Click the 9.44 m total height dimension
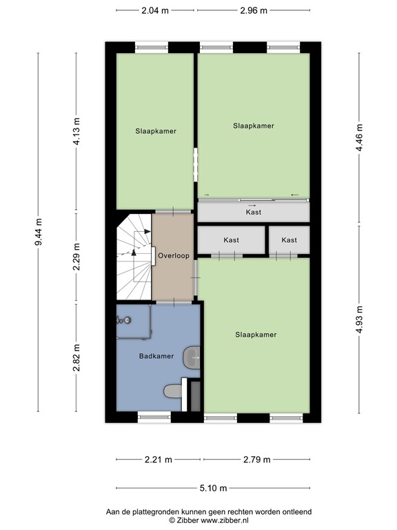pos(39,232)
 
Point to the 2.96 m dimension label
pos(252,10)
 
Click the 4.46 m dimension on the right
pos(358,140)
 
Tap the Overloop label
pos(172,255)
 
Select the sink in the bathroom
pos(192,357)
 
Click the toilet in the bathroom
pos(173,392)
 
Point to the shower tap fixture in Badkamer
pos(124,320)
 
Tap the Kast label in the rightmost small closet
pos(289,240)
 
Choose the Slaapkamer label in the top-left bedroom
pos(155,130)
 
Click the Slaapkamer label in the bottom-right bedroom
pos(256,335)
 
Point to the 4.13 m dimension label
pos(77,131)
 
